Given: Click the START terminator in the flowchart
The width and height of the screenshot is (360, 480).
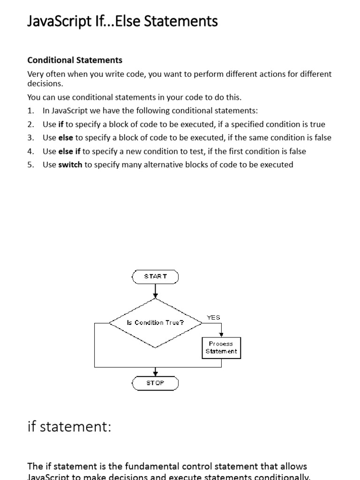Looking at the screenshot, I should (155, 277).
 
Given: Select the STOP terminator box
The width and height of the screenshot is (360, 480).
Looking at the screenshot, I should (155, 383).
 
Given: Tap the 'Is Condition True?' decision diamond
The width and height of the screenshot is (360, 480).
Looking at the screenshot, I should (156, 322).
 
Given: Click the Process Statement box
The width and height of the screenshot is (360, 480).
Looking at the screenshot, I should (221, 348).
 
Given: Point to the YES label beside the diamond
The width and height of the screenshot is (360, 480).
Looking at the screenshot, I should (213, 317).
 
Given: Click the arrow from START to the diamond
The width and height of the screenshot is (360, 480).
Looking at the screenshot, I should (156, 291).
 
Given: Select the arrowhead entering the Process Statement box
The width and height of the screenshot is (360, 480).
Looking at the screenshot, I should (221, 335).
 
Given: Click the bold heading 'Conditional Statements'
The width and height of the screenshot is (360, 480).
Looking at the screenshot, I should (75, 60).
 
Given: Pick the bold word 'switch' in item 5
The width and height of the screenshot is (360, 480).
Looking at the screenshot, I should (70, 165).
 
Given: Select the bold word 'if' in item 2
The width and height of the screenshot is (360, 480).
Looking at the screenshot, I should (60, 124).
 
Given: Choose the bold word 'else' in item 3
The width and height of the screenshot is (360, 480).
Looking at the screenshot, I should (66, 138).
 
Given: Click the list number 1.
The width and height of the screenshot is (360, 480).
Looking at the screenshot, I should (30, 111).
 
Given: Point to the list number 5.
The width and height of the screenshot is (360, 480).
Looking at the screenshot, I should (30, 165).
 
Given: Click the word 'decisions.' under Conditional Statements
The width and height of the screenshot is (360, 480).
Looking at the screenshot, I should (45, 83).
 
